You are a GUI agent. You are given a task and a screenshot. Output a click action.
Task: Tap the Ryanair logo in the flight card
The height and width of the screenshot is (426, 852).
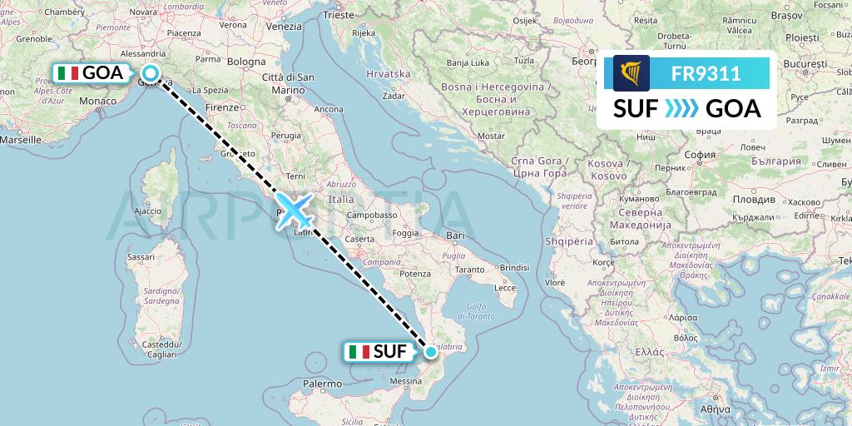click(632, 73)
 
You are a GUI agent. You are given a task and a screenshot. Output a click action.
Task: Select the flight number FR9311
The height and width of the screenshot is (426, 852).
click(706, 73)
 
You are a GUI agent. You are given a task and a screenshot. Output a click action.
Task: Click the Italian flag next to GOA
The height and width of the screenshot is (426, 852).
click(68, 73)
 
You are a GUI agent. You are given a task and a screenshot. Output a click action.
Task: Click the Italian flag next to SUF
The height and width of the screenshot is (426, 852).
click(359, 352)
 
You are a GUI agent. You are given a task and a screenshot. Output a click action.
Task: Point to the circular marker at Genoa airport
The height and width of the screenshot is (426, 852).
click(151, 72)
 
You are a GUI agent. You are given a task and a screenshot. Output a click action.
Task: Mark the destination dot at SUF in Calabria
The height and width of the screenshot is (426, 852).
click(431, 352)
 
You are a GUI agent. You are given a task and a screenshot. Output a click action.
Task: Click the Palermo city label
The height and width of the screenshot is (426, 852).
click(322, 384)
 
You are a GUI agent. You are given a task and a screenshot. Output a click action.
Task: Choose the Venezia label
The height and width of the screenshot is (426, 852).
click(284, 26)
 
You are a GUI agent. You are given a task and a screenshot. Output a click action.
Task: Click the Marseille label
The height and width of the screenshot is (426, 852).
click(22, 140)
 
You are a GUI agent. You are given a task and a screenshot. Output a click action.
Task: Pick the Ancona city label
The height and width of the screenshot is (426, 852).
click(329, 109)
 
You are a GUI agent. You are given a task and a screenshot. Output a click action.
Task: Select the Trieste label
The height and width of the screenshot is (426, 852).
click(339, 14)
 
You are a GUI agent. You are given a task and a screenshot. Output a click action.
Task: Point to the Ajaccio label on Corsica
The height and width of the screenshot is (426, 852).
click(146, 211)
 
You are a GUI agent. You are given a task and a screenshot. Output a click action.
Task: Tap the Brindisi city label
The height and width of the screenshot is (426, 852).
click(515, 267)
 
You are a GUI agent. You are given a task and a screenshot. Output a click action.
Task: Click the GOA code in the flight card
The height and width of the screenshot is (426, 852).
click(733, 109)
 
